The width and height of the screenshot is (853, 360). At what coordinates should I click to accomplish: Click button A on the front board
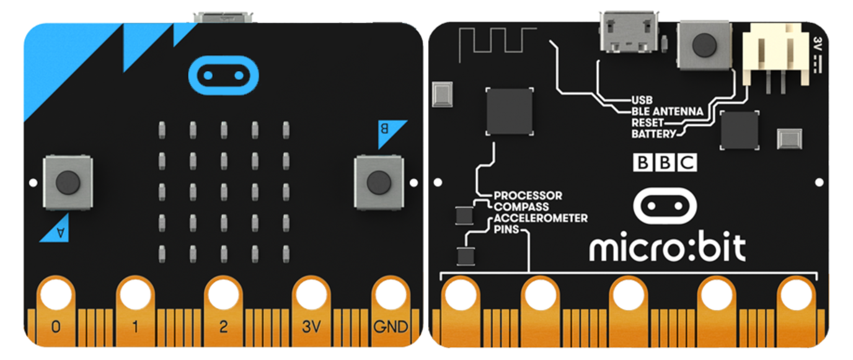coord(68,182)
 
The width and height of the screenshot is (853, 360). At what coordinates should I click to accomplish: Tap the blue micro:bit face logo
coord(223,76)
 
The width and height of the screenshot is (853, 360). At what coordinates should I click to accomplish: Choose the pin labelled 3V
coord(311,326)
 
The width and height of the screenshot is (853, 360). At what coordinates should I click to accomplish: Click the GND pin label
coord(391,326)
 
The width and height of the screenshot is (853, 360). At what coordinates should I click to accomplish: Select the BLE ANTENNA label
coord(667,112)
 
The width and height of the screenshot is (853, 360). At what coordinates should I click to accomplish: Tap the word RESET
coord(647,123)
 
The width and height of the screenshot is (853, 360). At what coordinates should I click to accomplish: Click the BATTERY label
coord(653,134)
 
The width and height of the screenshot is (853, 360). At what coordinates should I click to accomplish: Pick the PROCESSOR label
coord(528,196)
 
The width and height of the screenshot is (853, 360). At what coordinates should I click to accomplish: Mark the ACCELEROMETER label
coord(540,218)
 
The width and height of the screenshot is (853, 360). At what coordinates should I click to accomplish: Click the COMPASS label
coord(521,207)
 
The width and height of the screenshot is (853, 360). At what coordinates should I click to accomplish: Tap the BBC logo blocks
coord(665,162)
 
